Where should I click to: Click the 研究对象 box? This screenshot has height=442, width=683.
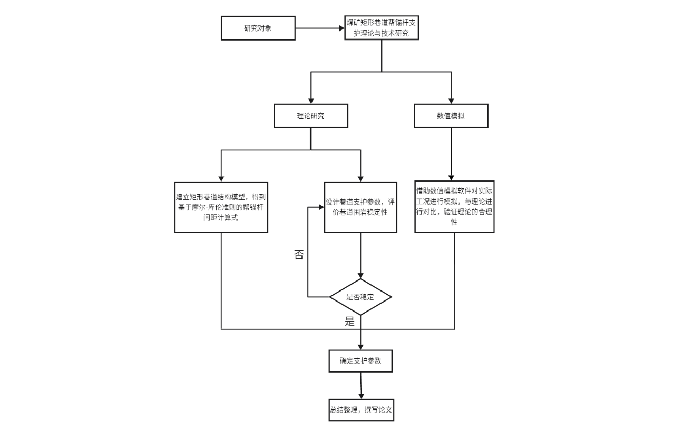[x=258, y=28]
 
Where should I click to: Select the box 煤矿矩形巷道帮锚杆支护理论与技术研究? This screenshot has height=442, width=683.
[x=382, y=28]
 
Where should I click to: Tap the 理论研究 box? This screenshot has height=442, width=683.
[x=310, y=116]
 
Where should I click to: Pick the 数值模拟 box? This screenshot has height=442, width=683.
[x=451, y=116]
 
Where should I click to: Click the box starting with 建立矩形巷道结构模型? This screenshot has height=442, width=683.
[x=221, y=207]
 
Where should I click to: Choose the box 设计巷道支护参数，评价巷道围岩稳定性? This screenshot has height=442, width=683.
[x=360, y=207]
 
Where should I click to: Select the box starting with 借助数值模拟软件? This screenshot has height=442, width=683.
[x=454, y=207]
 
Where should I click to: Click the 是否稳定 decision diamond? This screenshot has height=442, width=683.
[x=360, y=297]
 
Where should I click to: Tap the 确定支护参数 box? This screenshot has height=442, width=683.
[x=360, y=361]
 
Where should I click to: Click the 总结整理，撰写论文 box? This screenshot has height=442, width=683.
[x=360, y=410]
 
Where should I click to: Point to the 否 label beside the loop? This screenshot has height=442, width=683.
[x=298, y=255]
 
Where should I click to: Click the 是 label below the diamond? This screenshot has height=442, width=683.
[x=349, y=322]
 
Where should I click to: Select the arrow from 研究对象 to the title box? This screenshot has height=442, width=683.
[x=318, y=28]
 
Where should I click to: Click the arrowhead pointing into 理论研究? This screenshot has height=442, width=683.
[x=310, y=100]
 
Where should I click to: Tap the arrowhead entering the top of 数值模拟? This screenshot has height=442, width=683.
[x=451, y=100]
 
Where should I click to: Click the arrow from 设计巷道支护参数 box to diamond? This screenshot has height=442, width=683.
[x=360, y=255]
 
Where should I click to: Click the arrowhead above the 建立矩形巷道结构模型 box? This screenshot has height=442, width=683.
[x=221, y=177]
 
